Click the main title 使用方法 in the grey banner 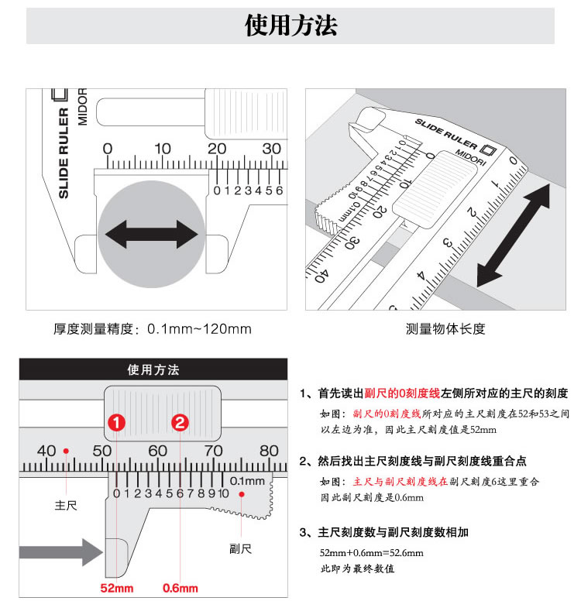[290, 26]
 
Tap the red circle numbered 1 [116, 423]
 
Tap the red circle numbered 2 [180, 423]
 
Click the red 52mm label [116, 588]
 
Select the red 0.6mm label [180, 588]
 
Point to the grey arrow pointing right [61, 552]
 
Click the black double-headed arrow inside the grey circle [152, 234]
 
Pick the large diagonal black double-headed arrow [513, 235]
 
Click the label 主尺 [66, 506]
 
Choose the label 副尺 [240, 549]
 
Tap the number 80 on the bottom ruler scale [269, 451]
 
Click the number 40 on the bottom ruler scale [46, 451]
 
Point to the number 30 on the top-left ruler [271, 149]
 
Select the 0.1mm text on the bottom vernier [247, 481]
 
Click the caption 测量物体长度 [445, 329]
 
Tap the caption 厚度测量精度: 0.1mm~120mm [153, 329]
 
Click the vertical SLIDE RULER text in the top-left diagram [64, 153]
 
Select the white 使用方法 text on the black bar [153, 369]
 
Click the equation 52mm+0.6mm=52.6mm [372, 553]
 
